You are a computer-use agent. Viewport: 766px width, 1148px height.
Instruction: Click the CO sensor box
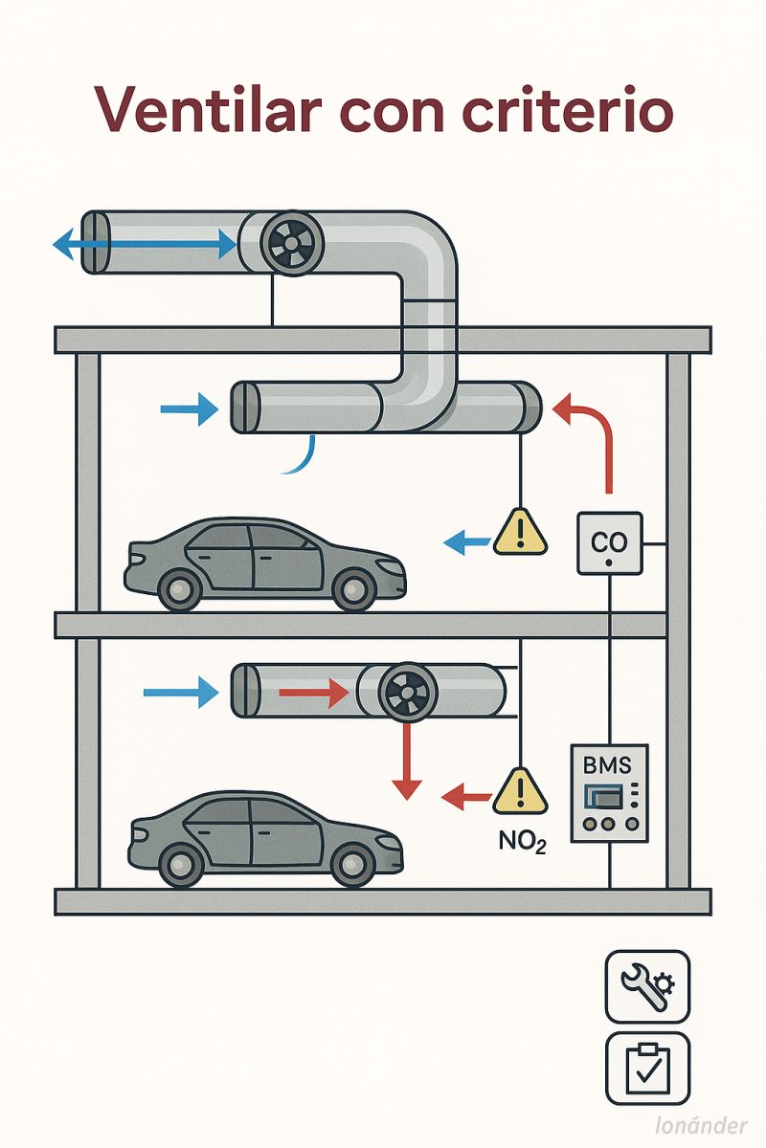tap(609, 543)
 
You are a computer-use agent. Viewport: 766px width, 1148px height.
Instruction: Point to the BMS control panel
tap(609, 793)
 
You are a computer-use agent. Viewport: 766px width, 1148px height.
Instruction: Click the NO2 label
tap(523, 842)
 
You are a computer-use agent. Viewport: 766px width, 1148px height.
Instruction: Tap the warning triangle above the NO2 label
tap(519, 792)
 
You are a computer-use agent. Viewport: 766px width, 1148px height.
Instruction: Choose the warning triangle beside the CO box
tap(520, 532)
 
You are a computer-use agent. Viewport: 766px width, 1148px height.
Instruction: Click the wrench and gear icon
tap(647, 986)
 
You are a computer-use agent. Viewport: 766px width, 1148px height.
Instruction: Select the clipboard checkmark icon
tap(647, 1069)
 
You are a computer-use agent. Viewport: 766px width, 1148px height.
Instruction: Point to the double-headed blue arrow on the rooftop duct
tap(144, 246)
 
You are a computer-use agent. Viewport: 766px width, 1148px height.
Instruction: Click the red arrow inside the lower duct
tap(312, 691)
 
